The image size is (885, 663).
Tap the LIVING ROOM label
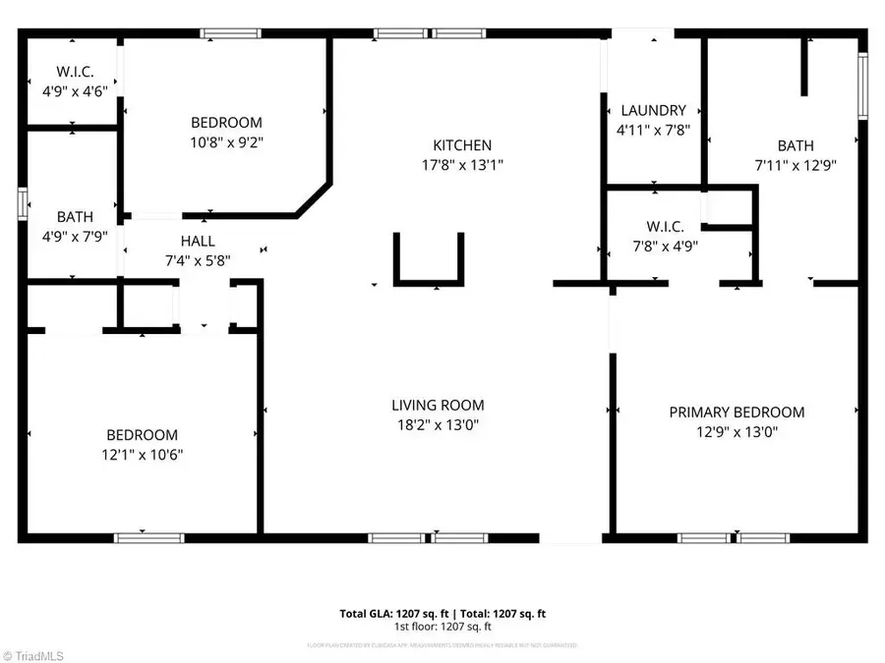click(x=438, y=405)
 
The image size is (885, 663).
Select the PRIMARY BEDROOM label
click(x=737, y=413)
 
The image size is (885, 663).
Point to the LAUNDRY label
click(x=651, y=111)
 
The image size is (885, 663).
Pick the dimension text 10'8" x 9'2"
click(x=226, y=141)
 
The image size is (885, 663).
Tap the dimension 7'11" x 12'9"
click(x=795, y=165)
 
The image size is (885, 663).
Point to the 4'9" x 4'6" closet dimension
click(x=74, y=89)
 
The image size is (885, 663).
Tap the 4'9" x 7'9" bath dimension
click(x=75, y=236)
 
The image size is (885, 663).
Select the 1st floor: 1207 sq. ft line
click(x=442, y=627)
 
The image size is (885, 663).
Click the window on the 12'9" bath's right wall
click(x=862, y=84)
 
